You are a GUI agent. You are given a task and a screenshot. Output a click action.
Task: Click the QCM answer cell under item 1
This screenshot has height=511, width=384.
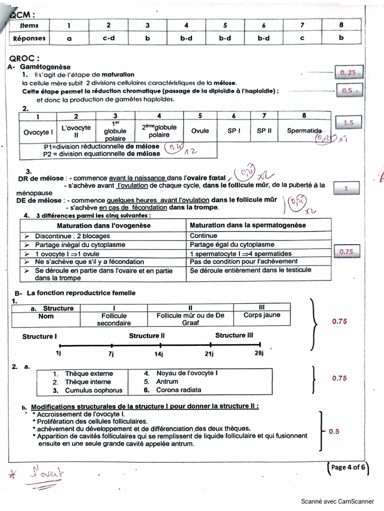(x=69, y=38)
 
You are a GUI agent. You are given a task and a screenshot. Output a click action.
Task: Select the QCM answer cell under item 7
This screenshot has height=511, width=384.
(x=302, y=38)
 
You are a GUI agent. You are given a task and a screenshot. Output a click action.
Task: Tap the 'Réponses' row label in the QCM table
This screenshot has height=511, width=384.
(x=29, y=38)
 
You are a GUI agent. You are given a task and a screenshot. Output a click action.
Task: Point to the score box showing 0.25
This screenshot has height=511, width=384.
(x=348, y=73)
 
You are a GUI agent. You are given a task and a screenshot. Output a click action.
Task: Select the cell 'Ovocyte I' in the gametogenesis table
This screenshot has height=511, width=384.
(x=38, y=132)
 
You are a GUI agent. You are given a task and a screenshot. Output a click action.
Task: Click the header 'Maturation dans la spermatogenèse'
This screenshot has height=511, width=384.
(x=248, y=226)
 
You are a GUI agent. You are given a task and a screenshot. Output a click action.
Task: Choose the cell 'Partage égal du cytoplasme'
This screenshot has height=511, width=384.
(x=232, y=245)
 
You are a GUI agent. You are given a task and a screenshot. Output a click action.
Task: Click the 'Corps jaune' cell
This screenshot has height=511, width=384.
(x=262, y=315)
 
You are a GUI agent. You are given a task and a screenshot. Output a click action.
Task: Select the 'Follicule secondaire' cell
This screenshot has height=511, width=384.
(x=114, y=319)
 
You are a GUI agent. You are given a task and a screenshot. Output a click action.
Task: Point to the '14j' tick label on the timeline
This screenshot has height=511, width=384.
(x=159, y=354)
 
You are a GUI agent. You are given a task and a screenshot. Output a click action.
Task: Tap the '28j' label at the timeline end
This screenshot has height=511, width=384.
(x=258, y=354)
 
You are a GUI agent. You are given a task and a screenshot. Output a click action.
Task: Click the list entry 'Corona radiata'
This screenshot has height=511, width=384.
(x=179, y=390)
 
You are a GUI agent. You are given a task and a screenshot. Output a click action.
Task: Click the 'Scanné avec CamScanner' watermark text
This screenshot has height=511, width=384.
(x=339, y=501)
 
